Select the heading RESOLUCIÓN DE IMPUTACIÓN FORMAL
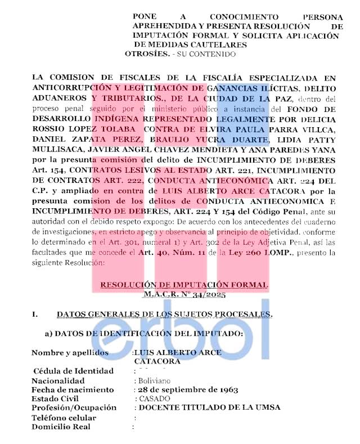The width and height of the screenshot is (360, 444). coord(184,285)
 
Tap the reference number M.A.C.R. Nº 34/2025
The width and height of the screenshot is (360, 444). coord(184,294)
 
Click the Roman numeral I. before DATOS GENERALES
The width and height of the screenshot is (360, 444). coord(35,314)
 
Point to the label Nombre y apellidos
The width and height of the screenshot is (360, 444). coord(69,353)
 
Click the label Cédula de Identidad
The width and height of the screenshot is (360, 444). coord(74,371)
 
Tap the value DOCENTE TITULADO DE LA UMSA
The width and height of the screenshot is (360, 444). coord(210,407)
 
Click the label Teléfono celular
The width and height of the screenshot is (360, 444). coord(64,418)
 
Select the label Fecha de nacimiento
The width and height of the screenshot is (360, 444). coord(72,389)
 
